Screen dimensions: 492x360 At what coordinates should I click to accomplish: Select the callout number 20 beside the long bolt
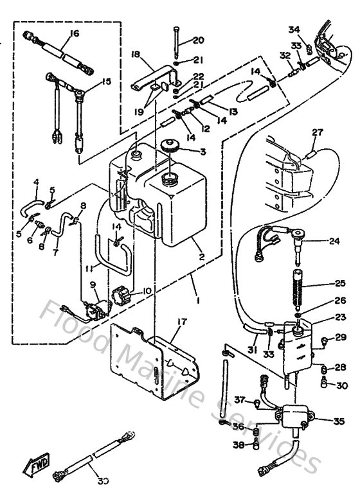197,40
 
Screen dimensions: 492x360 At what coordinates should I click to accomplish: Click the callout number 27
316,133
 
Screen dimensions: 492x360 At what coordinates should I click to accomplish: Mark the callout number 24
334,242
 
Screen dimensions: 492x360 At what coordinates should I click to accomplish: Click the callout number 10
147,291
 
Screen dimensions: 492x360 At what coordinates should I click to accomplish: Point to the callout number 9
93,284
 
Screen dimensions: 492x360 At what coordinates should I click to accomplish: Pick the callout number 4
36,182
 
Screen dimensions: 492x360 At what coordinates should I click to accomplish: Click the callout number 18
136,55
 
